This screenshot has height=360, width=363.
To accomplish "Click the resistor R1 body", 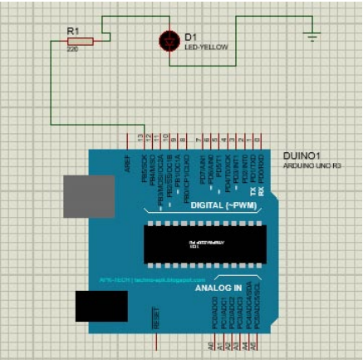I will point(81,39).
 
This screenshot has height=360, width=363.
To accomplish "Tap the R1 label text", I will point(72,31).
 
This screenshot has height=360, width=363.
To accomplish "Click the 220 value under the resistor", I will point(72,49).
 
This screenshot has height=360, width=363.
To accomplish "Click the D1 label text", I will point(190,37).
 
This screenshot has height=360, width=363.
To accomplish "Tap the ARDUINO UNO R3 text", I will point(311,166).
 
